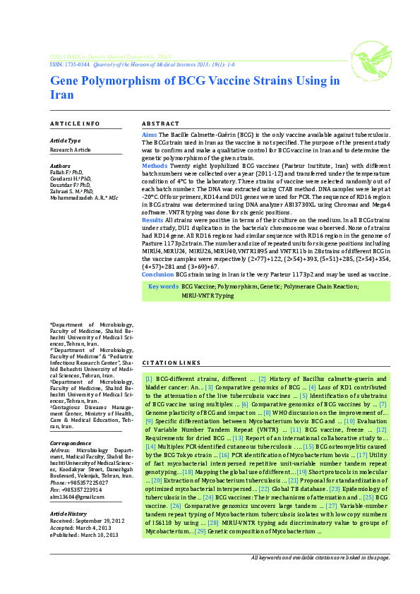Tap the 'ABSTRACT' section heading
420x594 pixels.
pyautogui.click(x=160, y=123)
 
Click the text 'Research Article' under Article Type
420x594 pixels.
pyautogui.click(x=71, y=150)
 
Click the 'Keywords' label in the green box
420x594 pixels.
pyautogui.click(x=163, y=286)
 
